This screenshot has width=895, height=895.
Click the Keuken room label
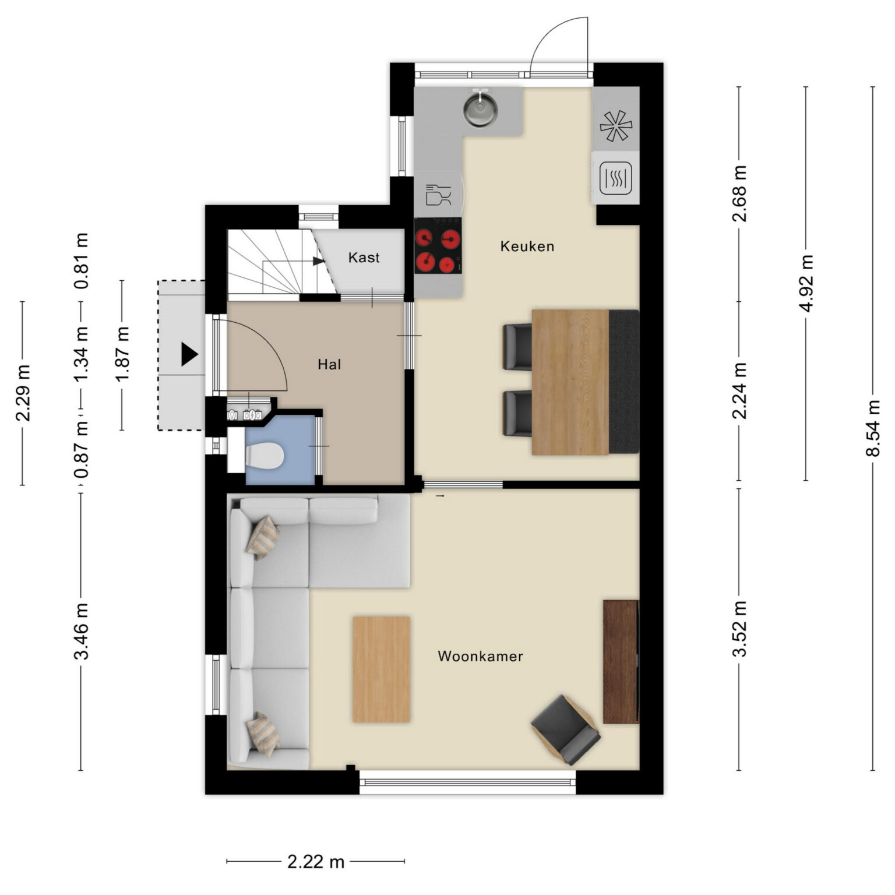(x=527, y=246)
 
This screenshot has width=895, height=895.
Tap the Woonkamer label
(x=480, y=656)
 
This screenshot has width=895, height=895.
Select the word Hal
(x=329, y=365)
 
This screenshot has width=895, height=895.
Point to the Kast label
(x=364, y=257)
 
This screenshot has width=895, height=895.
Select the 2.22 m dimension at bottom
(x=316, y=861)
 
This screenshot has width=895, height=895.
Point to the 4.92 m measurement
(x=806, y=283)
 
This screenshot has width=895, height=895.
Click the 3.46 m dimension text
(x=81, y=631)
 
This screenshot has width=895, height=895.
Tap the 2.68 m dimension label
(x=739, y=193)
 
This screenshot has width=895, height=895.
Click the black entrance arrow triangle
(x=189, y=354)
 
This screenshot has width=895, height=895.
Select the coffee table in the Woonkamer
(x=381, y=670)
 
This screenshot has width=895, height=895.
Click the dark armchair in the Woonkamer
(x=566, y=730)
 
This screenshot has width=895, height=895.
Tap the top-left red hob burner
(x=424, y=238)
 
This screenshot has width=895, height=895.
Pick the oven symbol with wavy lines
(x=616, y=178)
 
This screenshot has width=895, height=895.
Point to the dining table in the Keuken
(x=570, y=382)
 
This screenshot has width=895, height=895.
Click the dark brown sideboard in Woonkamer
(x=621, y=661)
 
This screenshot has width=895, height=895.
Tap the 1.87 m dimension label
(x=122, y=354)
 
